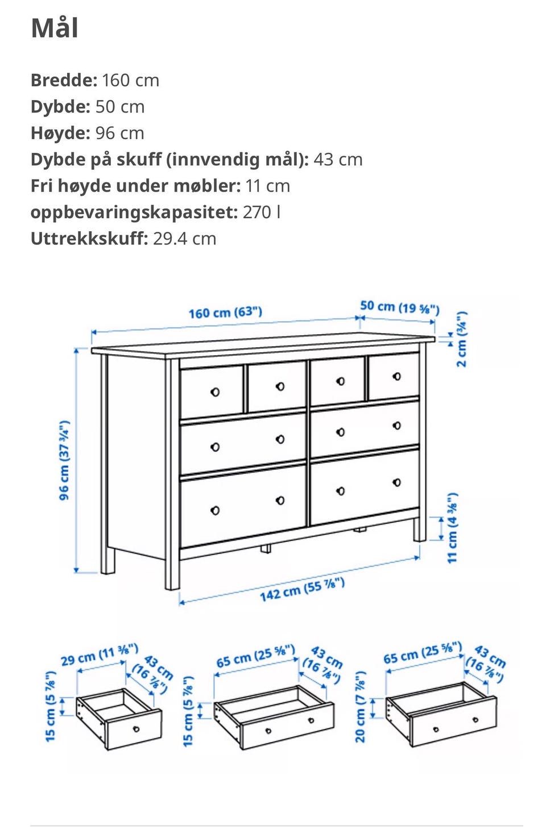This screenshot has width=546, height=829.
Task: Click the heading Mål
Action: [x=55, y=28]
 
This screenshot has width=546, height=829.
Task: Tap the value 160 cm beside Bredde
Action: [x=130, y=80]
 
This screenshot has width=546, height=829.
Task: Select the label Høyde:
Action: [x=60, y=133]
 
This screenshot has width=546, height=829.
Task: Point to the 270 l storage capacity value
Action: [x=262, y=213]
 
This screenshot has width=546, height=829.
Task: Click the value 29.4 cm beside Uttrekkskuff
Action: [x=184, y=239]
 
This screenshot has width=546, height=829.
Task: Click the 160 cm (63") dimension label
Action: [x=225, y=313]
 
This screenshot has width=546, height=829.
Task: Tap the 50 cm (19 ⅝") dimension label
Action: [x=400, y=307]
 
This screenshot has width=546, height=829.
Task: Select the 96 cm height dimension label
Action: [x=64, y=460]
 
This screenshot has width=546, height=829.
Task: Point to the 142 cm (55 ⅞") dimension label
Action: [x=302, y=590]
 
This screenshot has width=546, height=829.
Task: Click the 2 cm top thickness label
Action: [x=462, y=339]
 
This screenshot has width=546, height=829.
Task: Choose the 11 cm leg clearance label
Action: [x=453, y=528]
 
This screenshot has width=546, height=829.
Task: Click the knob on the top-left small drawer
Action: [x=215, y=392]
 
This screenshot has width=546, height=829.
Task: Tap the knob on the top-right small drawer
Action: [x=397, y=376]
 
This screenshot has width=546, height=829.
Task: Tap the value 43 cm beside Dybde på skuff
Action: [x=338, y=160]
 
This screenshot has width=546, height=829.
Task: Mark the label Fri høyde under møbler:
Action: [x=135, y=186]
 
